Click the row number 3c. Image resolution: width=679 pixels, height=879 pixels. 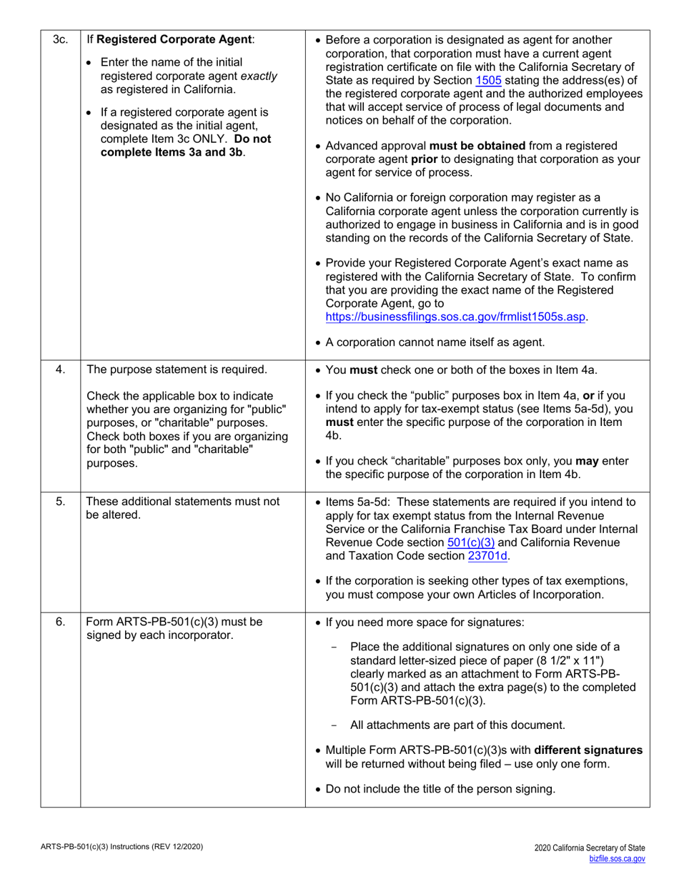(x=61, y=40)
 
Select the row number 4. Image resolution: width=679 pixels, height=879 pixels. (x=61, y=369)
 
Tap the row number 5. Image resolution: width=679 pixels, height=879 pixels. (x=61, y=502)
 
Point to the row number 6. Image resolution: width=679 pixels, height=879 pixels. (x=61, y=622)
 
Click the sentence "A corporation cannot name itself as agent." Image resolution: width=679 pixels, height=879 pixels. (x=435, y=342)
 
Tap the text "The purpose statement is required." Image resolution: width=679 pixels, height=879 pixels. (x=177, y=369)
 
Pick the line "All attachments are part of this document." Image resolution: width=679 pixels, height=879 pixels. (x=457, y=725)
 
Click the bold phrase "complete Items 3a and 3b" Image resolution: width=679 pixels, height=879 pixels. (x=172, y=152)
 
